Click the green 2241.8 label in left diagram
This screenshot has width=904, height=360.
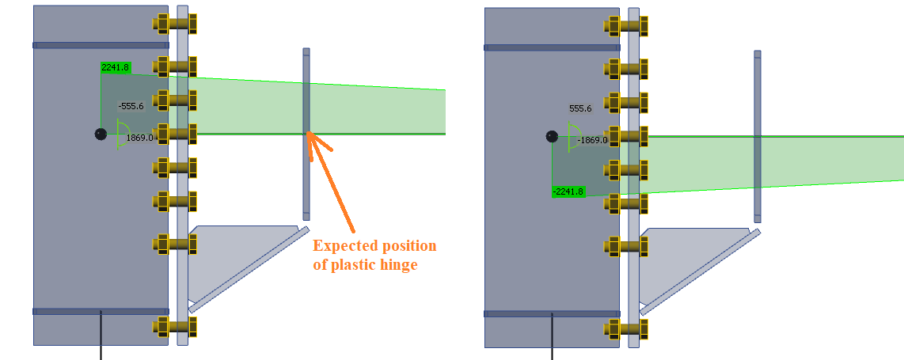115,68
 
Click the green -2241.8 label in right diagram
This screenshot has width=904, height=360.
568,191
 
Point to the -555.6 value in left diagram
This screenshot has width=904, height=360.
131,106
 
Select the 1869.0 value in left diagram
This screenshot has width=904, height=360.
139,138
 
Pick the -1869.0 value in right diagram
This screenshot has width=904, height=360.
592,140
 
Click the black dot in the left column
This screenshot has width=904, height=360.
100,135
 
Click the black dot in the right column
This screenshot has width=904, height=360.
553,137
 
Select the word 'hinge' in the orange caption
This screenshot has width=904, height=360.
397,266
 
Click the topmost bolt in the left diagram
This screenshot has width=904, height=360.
175,25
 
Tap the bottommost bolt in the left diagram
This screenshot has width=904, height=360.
175,326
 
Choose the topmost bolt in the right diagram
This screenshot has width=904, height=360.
627,26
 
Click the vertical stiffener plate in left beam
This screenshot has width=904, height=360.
306,135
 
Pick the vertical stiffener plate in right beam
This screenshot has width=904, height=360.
758,137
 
